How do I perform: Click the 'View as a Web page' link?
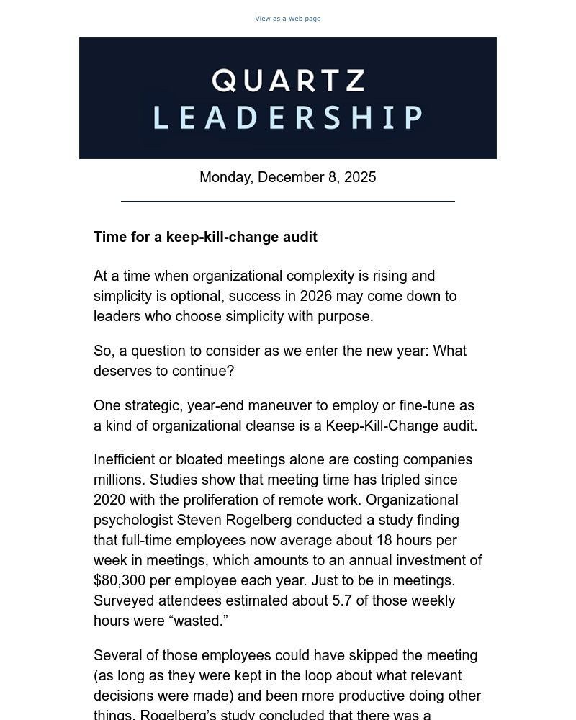click(287, 19)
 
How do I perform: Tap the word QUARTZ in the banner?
click(288, 81)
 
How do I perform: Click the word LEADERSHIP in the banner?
click(288, 117)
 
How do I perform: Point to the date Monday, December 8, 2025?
click(287, 178)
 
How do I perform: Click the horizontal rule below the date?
click(287, 202)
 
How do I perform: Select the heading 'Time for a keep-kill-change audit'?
click(205, 238)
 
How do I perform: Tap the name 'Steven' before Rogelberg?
click(197, 520)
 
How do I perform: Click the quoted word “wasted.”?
click(199, 621)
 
